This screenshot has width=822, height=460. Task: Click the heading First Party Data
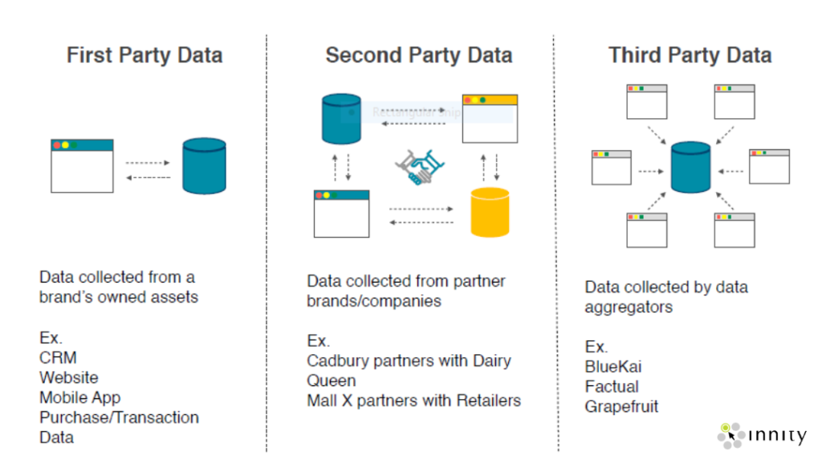(x=144, y=55)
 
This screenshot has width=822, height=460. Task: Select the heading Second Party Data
(x=418, y=55)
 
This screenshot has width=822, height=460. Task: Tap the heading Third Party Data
(x=690, y=55)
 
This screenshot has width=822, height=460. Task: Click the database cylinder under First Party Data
(x=204, y=166)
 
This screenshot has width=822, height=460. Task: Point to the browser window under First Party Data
(x=82, y=165)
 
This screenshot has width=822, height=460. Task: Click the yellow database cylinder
(x=490, y=212)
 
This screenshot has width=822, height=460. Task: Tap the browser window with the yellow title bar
(x=490, y=119)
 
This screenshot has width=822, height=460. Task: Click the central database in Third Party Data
(x=690, y=168)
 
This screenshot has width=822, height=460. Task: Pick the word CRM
(x=58, y=358)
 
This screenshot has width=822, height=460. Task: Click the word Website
(x=69, y=377)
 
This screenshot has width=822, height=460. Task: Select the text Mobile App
(x=79, y=397)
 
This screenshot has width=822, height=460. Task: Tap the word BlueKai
(x=613, y=367)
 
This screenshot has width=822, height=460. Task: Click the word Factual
(x=612, y=386)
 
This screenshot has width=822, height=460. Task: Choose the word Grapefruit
(x=621, y=406)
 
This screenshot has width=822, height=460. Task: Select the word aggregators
(x=629, y=307)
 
